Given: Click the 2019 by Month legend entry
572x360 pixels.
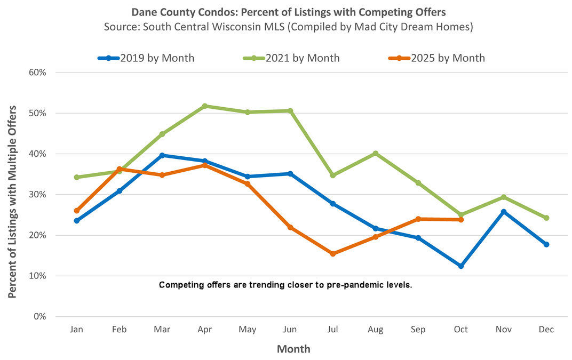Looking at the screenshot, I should pos(146,58).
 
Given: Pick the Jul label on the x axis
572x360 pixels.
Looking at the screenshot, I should pos(333,330).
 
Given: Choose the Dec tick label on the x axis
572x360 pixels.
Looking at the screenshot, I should pos(546,330).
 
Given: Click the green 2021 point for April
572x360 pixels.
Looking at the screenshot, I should pos(205,106).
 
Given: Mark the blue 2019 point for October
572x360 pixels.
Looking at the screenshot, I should pos(461,266).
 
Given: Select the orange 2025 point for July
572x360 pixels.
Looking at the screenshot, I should pos(333,254).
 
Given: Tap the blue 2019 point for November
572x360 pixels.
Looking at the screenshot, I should pos(504,212).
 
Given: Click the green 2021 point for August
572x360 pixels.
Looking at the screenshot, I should pos(376,153).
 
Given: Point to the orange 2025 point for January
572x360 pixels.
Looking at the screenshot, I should pos(77,211).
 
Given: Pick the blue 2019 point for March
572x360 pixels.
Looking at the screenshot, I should pos(162,155).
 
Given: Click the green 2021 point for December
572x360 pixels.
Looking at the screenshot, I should pos(546,218).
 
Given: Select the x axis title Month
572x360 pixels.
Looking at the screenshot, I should pos(293,349).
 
